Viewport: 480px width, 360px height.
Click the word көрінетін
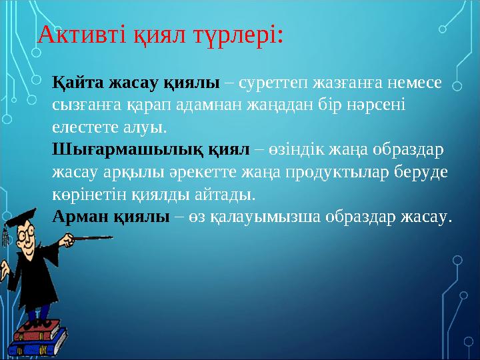coord(84,192)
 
